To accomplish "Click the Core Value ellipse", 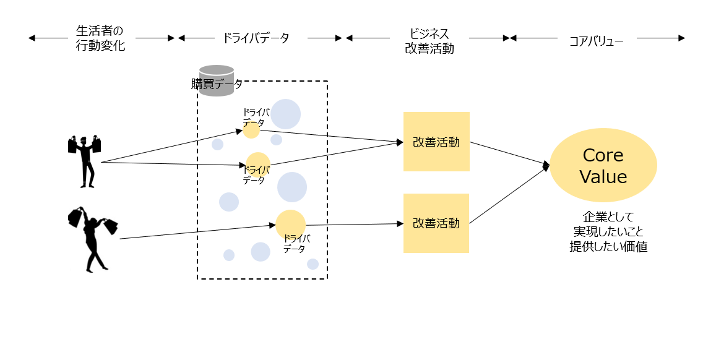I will point(603,165).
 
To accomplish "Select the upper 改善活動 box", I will point(436,142).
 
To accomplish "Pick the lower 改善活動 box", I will point(436,223).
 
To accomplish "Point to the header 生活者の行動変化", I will point(100,38).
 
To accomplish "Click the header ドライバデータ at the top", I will point(256,38).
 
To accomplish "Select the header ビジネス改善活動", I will point(429,41).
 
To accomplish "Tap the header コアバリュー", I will point(596,41).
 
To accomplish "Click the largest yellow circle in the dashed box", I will point(290,225).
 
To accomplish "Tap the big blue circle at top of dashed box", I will point(285,114).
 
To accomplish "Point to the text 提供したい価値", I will point(608,246).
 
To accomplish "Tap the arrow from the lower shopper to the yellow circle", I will point(198,232).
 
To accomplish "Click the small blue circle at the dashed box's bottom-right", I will point(313,264).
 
